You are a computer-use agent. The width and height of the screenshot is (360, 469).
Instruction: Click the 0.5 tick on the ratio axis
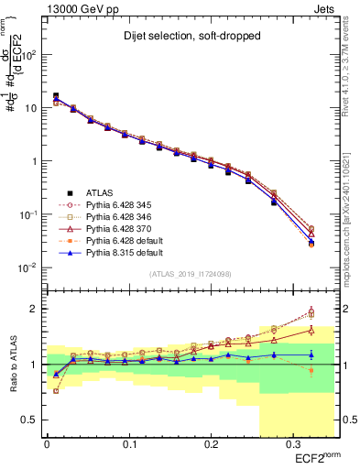34,420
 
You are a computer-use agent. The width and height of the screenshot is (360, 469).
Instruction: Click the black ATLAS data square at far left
56,95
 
